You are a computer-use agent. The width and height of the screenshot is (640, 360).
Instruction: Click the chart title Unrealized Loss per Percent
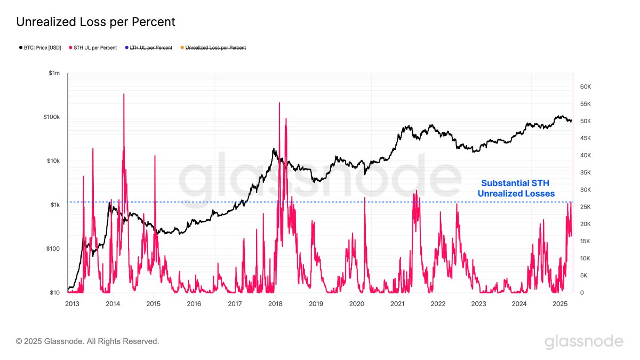(x=95, y=22)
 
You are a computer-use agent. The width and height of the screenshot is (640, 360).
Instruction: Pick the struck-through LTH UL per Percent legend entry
(x=150, y=48)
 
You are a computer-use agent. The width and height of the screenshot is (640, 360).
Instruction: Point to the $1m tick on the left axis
(x=53, y=73)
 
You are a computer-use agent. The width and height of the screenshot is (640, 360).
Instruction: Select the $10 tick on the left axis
(x=54, y=293)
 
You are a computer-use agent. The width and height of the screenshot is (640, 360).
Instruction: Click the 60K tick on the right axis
(x=586, y=87)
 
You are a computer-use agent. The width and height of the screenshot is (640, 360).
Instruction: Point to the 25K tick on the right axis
(x=586, y=207)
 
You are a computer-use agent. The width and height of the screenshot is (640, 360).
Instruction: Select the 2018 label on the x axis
(x=275, y=303)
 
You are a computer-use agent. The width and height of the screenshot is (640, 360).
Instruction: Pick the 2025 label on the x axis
(x=560, y=303)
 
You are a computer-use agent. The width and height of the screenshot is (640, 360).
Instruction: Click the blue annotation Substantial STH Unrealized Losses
(x=516, y=188)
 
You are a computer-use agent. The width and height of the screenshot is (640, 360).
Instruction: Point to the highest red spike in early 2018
(x=279, y=103)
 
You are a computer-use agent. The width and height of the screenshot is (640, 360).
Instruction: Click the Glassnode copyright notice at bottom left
(x=87, y=341)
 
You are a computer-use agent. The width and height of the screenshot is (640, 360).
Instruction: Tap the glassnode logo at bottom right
(x=583, y=341)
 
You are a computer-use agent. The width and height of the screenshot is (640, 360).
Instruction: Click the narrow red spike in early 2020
(x=365, y=198)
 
